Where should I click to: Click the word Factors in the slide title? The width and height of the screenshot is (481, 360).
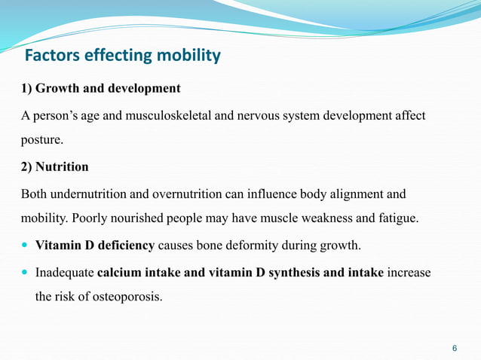point(51,56)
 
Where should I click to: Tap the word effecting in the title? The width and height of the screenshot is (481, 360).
point(117,56)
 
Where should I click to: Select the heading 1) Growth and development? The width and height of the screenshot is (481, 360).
point(100,89)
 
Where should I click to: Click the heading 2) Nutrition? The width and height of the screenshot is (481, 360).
point(54,167)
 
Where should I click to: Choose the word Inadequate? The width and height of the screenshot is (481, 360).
point(65,272)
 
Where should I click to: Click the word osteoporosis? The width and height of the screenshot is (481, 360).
point(127,296)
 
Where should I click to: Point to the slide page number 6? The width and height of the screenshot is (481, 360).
point(454,349)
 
